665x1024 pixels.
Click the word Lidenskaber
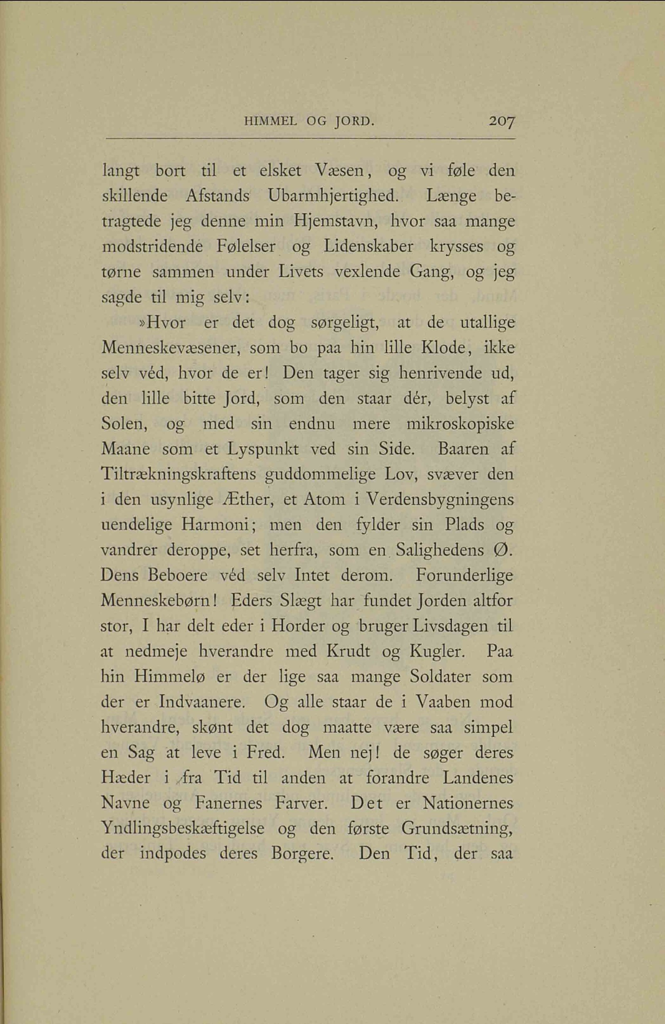coord(369,248)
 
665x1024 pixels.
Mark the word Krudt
coord(349,651)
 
